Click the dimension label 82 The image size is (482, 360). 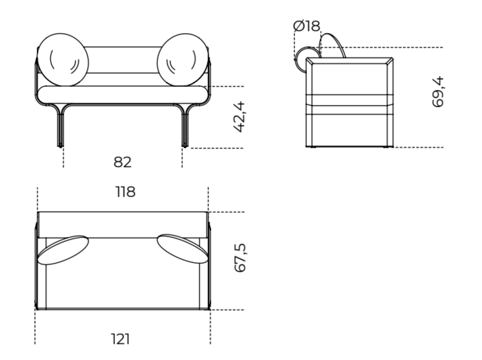pos(123,163)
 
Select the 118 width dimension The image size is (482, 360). pos(125,192)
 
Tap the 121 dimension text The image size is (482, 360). pos(120,339)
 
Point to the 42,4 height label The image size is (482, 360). pos(240,117)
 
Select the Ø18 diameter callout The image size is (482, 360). pos(307,26)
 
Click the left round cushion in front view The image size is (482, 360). pos(63,59)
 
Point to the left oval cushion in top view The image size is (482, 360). pos(63,250)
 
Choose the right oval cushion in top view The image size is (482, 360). pos(182,250)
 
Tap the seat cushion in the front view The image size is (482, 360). pos(123,93)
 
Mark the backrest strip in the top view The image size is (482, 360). pos(123,224)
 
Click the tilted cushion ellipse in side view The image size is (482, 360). pos(333,46)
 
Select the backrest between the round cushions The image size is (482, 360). pos(123,59)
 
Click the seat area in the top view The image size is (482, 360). pos(123,282)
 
